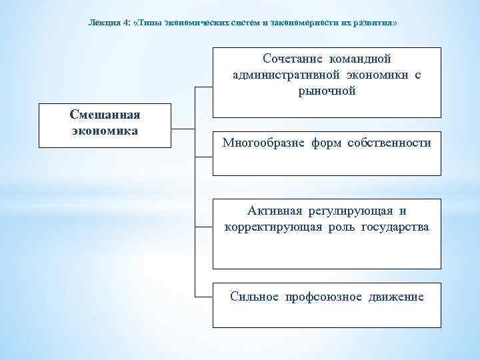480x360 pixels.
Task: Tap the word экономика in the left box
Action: click(105, 130)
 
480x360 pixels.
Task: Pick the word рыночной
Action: click(327, 91)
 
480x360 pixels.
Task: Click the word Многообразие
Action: click(263, 143)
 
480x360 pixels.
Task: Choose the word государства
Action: click(395, 227)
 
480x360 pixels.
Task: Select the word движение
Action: click(396, 296)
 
